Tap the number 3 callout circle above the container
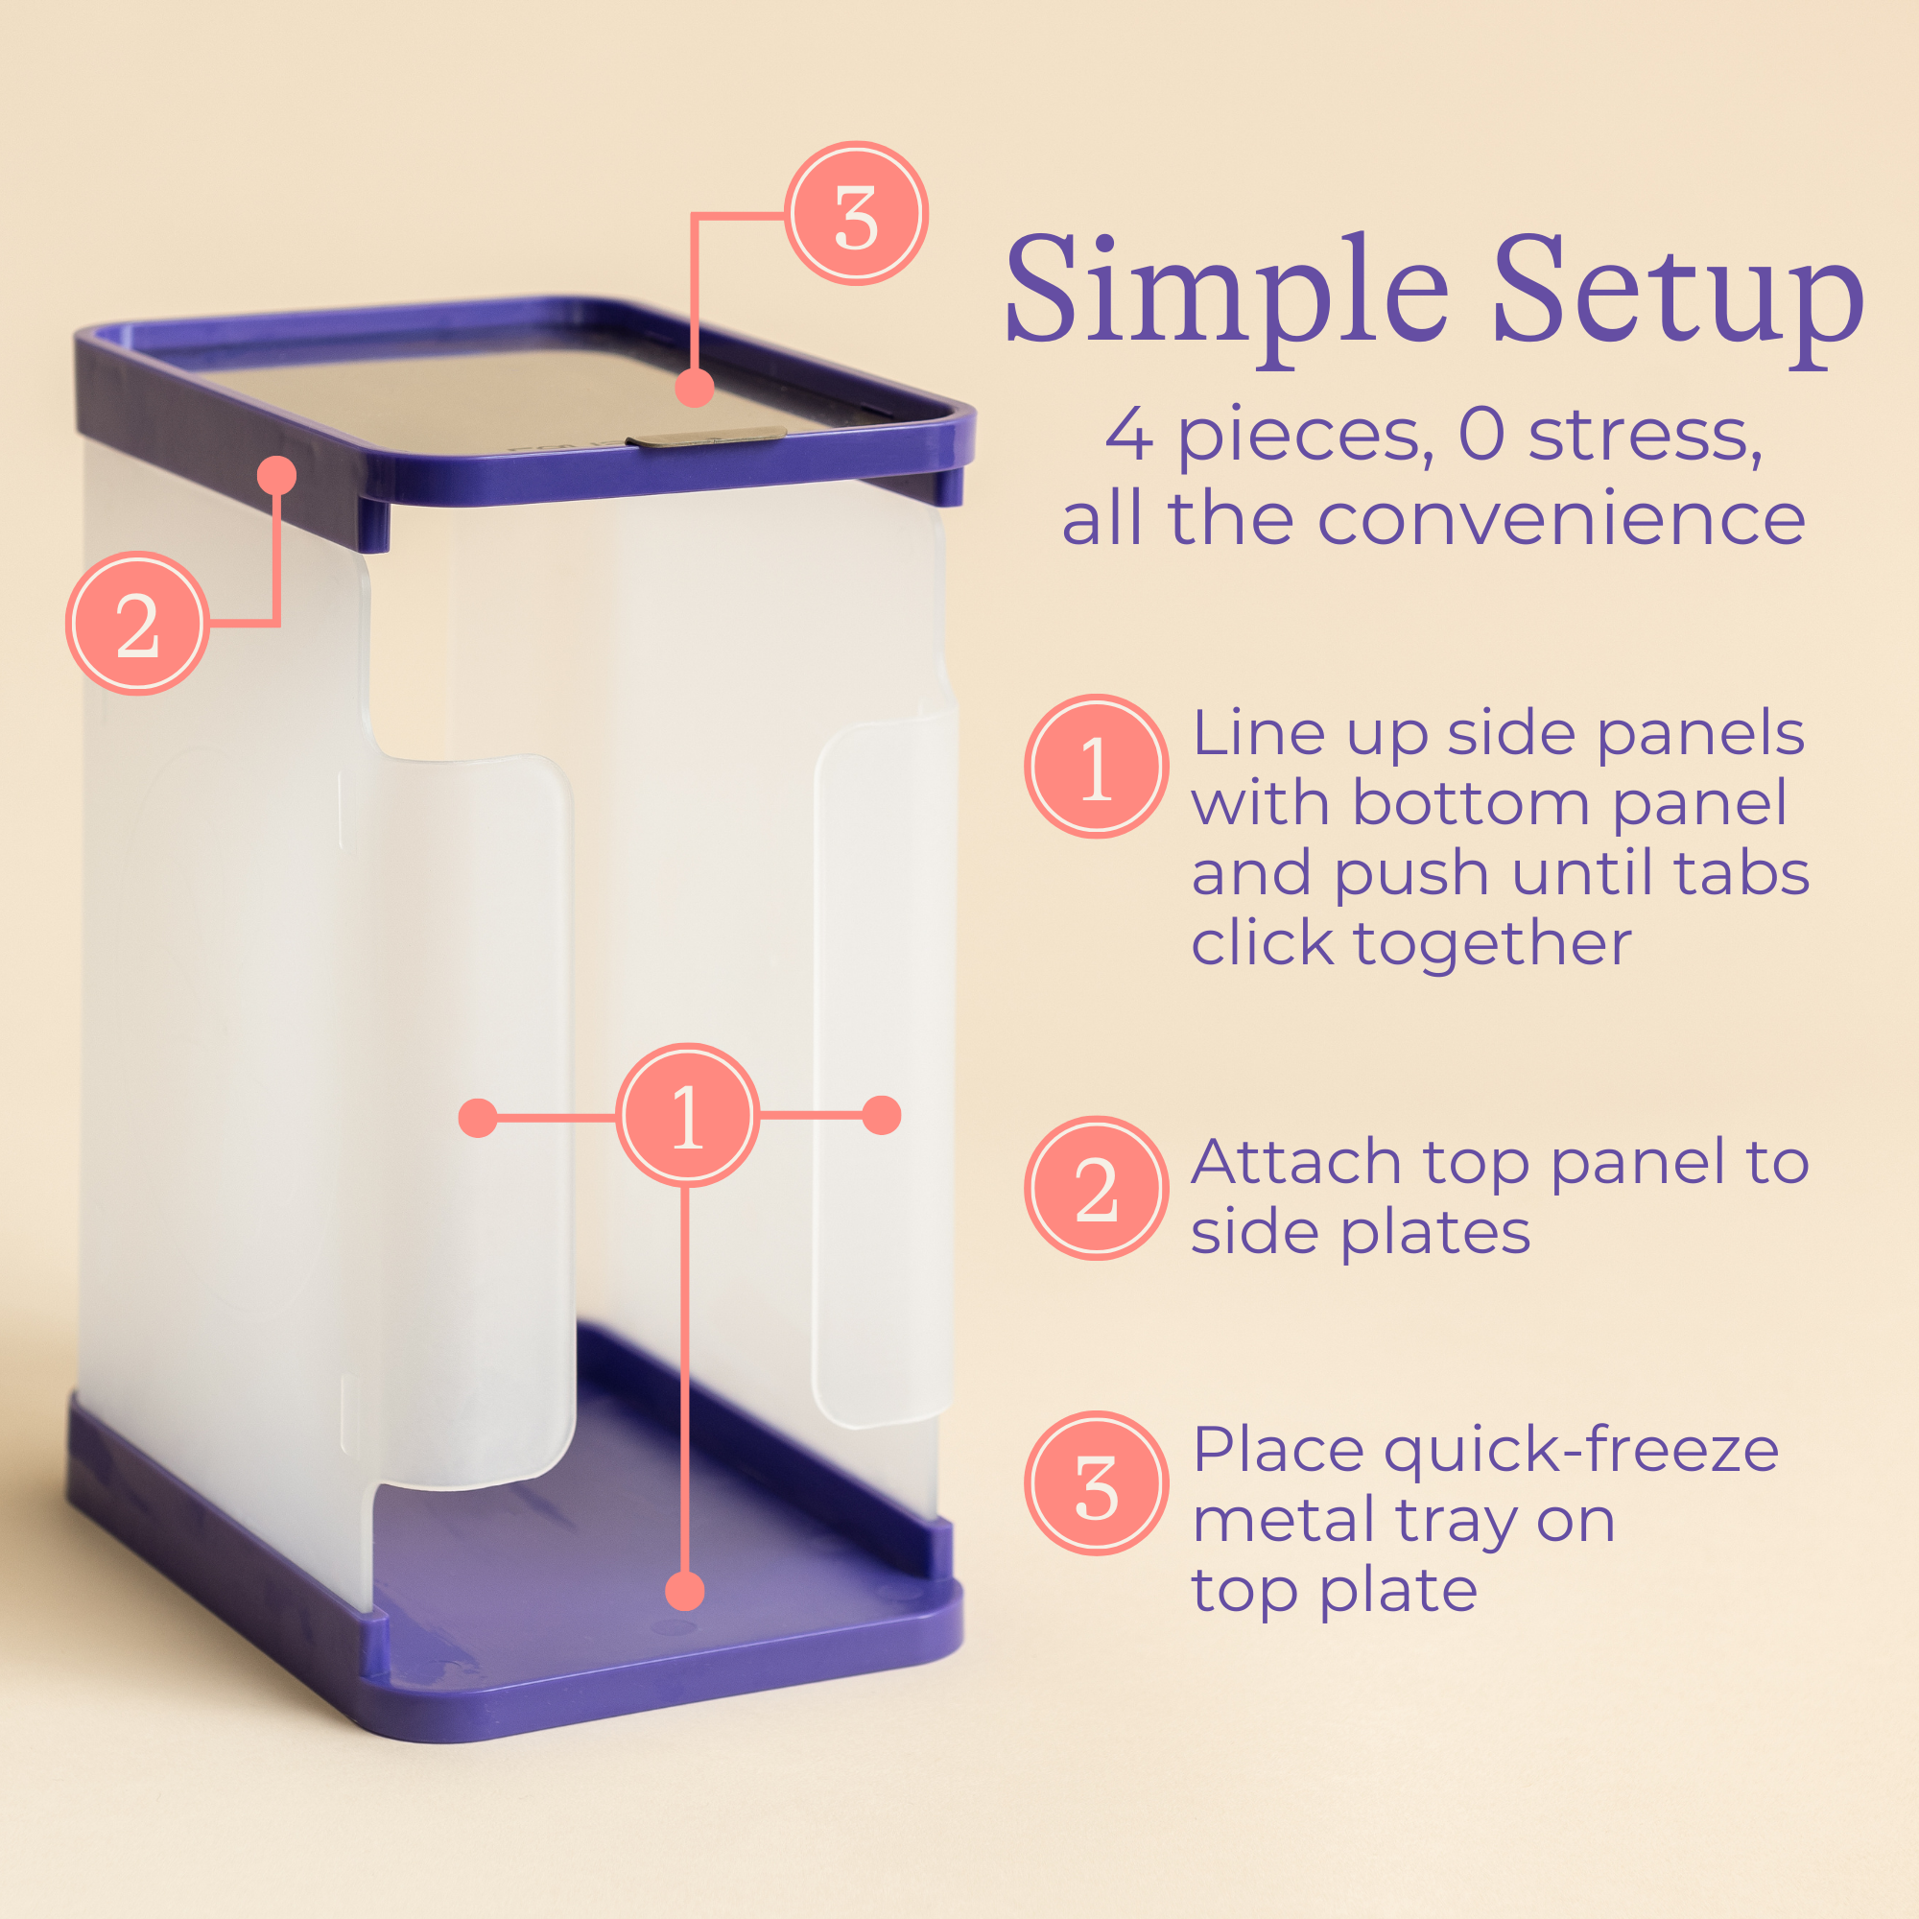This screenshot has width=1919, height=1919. tap(856, 215)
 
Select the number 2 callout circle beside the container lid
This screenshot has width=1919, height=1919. tap(138, 624)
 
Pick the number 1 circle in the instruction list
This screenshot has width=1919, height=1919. tap(1097, 767)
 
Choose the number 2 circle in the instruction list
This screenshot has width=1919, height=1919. tap(1097, 1189)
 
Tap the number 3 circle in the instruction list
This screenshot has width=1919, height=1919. tap(1097, 1484)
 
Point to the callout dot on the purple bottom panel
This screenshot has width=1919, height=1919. tap(684, 1591)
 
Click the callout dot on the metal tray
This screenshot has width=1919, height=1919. tap(695, 388)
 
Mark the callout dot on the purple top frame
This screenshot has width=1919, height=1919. tap(277, 476)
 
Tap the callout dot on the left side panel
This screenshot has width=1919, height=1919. tap(478, 1118)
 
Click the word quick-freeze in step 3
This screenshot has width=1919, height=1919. tap(1580, 1452)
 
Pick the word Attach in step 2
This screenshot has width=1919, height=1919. tap(1297, 1162)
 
